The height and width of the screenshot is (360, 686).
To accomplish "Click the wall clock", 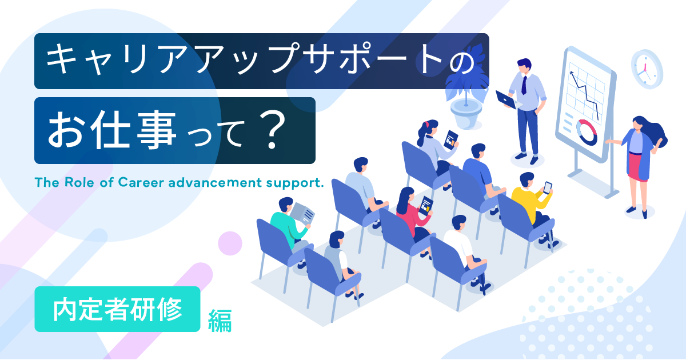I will [647, 69].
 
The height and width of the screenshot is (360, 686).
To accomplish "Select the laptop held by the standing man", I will [505, 99].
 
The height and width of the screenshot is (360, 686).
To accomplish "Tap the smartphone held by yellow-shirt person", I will [547, 187].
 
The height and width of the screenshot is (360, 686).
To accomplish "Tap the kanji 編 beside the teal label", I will [220, 320].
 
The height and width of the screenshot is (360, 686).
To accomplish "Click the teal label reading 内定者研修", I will [117, 309].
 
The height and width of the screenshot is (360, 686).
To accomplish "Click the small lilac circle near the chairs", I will [230, 243].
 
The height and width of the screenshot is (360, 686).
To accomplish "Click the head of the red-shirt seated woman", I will [405, 196].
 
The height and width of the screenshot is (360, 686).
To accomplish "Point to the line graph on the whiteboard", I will [587, 91].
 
